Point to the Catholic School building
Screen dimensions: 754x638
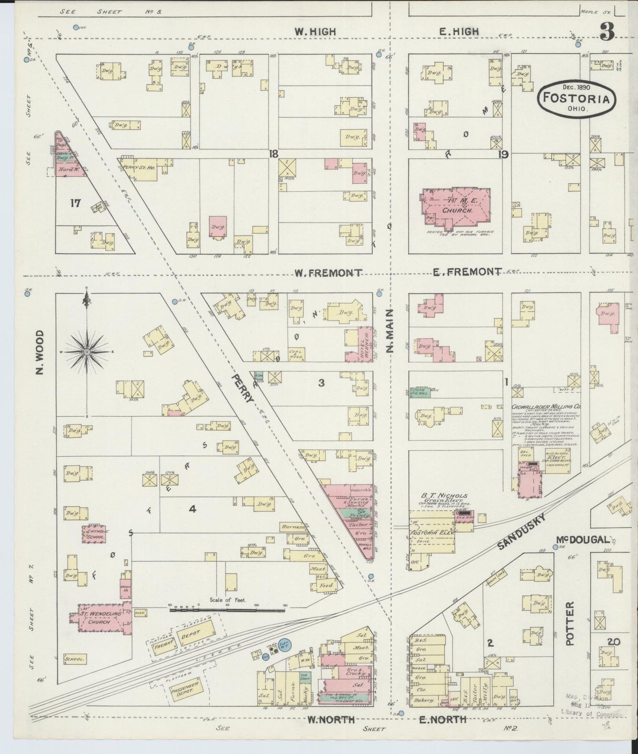point(93,534)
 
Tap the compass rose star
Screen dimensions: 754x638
point(87,352)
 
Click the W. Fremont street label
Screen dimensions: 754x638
point(328,273)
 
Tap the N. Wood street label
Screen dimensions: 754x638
point(41,352)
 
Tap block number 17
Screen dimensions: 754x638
point(76,203)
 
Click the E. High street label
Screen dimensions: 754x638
point(459,31)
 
